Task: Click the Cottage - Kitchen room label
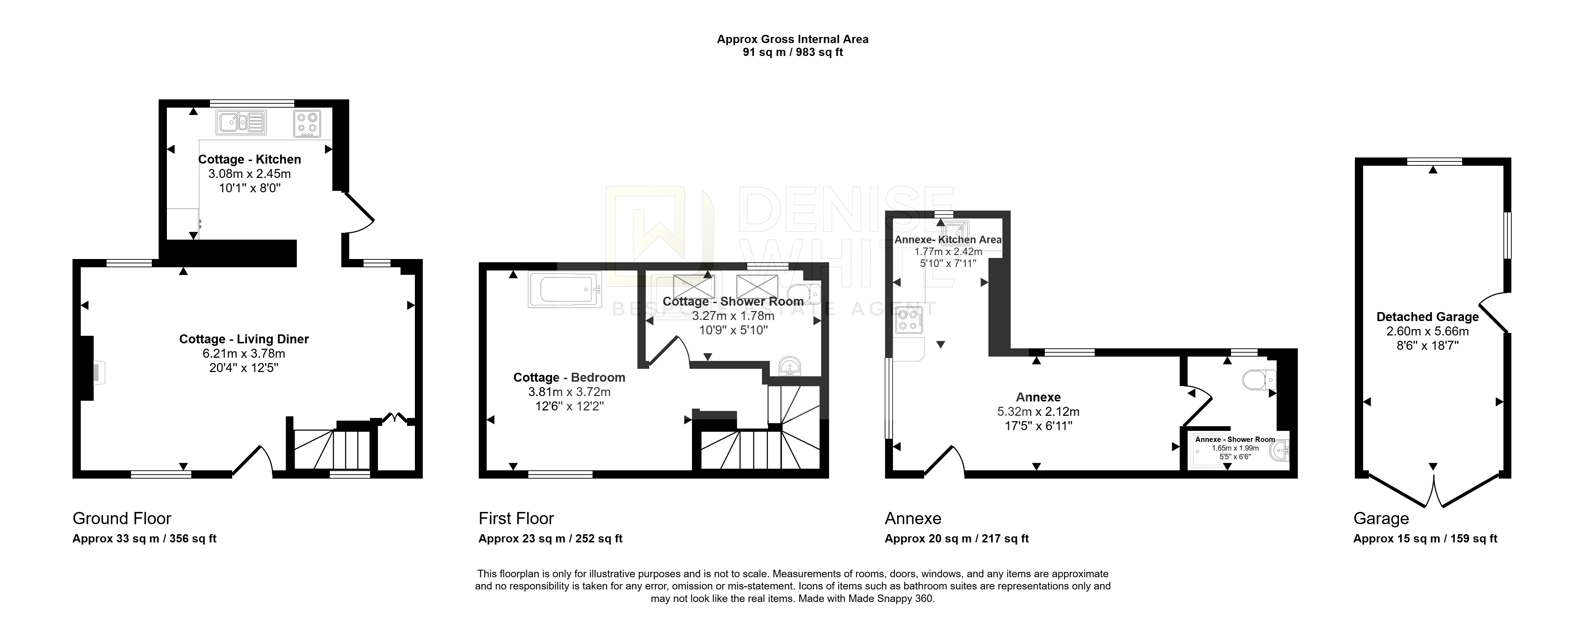[x=249, y=159]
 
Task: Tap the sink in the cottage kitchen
[x=241, y=122]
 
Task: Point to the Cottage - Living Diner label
[x=244, y=339]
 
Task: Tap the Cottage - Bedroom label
[x=570, y=377]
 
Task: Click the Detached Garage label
[x=1428, y=317]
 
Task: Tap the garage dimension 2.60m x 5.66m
[x=1428, y=331]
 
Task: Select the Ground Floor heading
[x=122, y=518]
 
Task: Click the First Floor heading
[x=516, y=518]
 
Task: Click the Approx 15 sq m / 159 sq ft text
[x=1425, y=538]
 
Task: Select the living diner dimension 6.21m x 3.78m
[x=244, y=354]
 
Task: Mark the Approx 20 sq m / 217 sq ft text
[x=957, y=538]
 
